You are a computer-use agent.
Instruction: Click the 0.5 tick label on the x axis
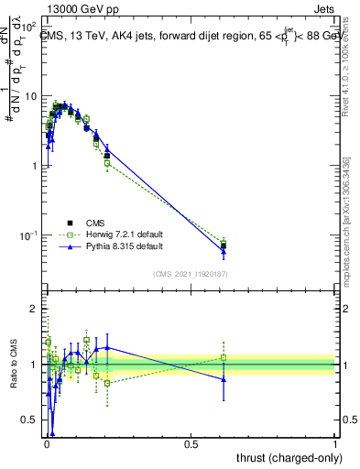(191, 442)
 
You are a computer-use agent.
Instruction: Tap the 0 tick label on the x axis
(46, 442)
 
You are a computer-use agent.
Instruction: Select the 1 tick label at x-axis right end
(335, 442)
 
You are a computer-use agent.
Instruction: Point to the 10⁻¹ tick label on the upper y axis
(28, 235)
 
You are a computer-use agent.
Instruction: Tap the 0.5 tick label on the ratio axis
(30, 422)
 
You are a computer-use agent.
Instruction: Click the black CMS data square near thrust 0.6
(224, 245)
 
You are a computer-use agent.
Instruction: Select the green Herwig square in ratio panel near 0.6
(224, 357)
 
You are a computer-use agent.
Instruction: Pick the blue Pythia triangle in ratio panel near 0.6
(224, 378)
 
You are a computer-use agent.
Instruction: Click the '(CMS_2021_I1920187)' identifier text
(191, 274)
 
